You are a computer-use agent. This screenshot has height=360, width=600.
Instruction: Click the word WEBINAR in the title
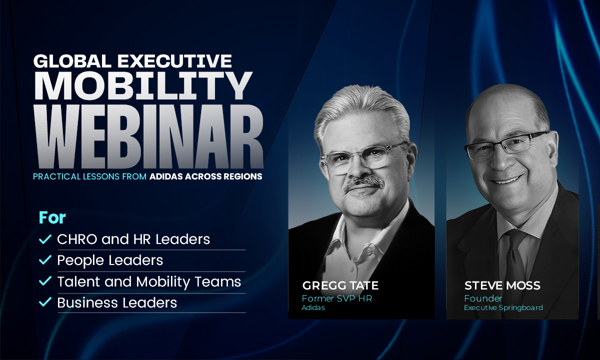[149, 136]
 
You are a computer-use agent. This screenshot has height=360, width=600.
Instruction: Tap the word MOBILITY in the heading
[143, 86]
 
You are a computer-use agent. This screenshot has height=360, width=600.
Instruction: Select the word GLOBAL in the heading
[72, 61]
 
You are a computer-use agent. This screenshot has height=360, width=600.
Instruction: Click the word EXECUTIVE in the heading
[174, 61]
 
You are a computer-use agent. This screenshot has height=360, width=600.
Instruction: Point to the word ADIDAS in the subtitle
[166, 176]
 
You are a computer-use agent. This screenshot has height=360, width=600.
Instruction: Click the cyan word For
[52, 217]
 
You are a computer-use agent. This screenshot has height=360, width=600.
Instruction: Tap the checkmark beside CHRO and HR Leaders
[45, 239]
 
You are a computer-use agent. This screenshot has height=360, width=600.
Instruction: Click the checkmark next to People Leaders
[45, 259]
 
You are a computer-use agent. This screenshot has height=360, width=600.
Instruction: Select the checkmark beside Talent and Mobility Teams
[45, 280]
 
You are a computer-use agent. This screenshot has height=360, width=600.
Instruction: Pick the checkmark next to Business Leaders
[45, 302]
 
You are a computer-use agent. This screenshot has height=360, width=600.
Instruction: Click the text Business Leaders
[117, 302]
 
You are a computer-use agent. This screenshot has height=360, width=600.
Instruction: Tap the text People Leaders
[110, 260]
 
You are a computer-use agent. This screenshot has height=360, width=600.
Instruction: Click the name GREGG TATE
[340, 285]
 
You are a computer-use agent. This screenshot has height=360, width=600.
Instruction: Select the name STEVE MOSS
[502, 285]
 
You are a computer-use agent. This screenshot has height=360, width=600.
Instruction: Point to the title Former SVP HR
[337, 298]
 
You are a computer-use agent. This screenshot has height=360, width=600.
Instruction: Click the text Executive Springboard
[503, 308]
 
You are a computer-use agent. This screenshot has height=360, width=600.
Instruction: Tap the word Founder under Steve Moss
[483, 298]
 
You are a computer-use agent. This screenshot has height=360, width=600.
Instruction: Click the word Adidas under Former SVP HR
[313, 307]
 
